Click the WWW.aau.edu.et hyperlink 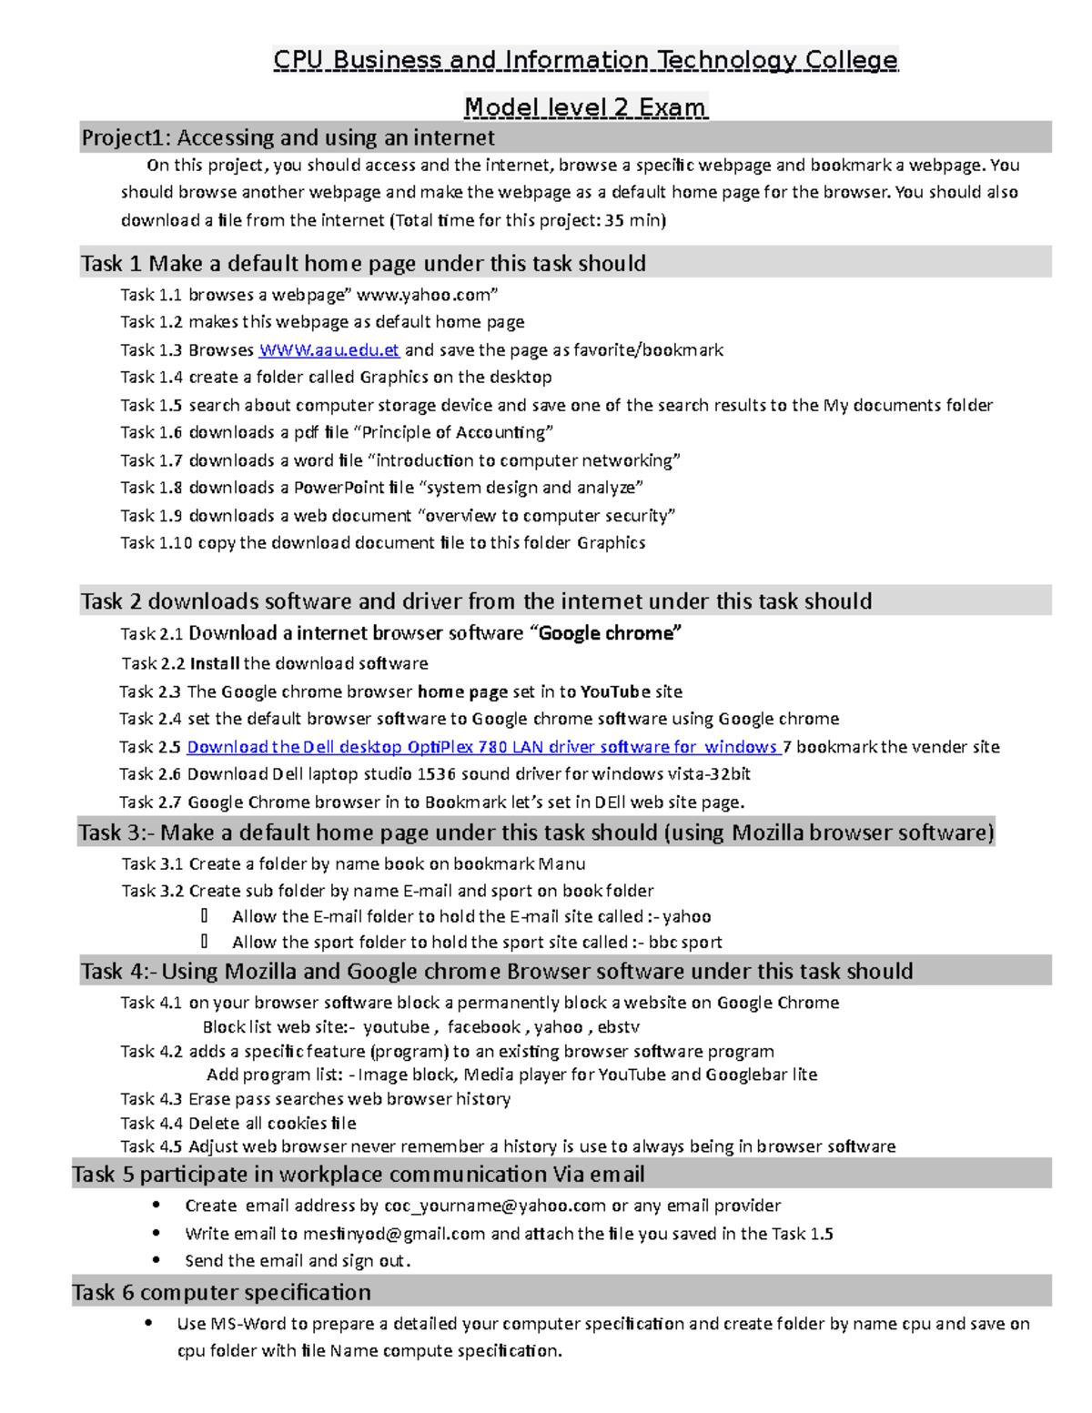pyautogui.click(x=329, y=350)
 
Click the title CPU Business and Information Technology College pyautogui.click(x=585, y=60)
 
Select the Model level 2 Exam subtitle pyautogui.click(x=585, y=107)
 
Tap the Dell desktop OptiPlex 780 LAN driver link pyautogui.click(x=482, y=747)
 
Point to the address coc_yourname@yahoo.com pyautogui.click(x=495, y=1206)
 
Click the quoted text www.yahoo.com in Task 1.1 pyautogui.click(x=426, y=295)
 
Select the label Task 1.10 pyautogui.click(x=156, y=543)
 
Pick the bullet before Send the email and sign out pyautogui.click(x=157, y=1260)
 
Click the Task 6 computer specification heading pyautogui.click(x=221, y=1292)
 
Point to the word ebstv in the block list pyautogui.click(x=618, y=1027)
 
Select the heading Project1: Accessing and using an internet pyautogui.click(x=288, y=137)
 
